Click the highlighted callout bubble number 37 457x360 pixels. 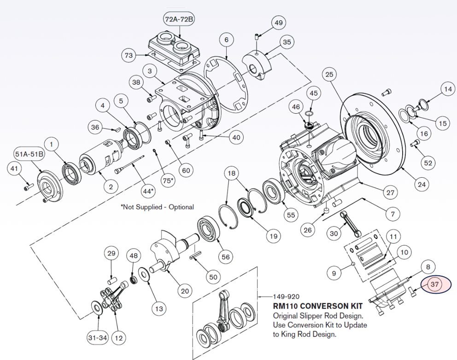pos(434,285)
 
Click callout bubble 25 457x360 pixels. pos(328,74)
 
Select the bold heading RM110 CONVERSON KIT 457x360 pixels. pos(318,306)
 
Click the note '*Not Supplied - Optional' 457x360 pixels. pos(157,207)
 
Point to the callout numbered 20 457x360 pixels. pos(185,291)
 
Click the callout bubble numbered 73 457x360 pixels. pos(129,56)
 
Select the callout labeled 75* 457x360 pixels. pos(170,180)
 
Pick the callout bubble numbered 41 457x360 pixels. pos(14,169)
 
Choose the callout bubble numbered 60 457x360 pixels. pos(186,170)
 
